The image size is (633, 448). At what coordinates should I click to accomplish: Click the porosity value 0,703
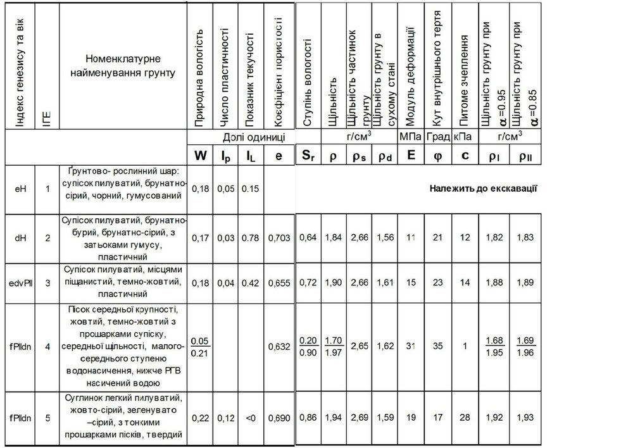tap(279, 237)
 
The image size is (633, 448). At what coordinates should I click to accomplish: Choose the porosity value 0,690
tap(279, 419)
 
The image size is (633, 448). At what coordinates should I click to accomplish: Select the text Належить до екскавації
tap(479, 188)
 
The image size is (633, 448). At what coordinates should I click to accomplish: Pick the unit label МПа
tap(411, 137)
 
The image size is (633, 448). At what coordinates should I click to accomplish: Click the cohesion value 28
tap(465, 419)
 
